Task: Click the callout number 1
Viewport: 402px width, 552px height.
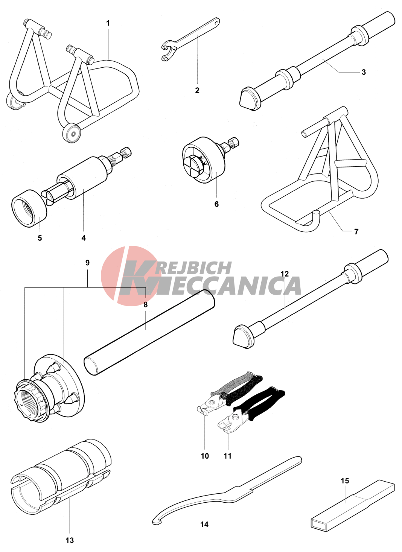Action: (x=108, y=23)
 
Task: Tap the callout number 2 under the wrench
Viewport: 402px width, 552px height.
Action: (x=197, y=90)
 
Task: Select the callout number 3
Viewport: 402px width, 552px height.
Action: (x=364, y=72)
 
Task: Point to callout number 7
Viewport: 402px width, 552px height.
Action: (x=356, y=232)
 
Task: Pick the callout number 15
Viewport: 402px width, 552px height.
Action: (x=345, y=481)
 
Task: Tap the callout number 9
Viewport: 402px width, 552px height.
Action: (x=87, y=263)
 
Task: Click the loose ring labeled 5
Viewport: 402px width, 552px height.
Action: (x=30, y=209)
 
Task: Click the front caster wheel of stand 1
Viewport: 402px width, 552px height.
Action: (x=72, y=133)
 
